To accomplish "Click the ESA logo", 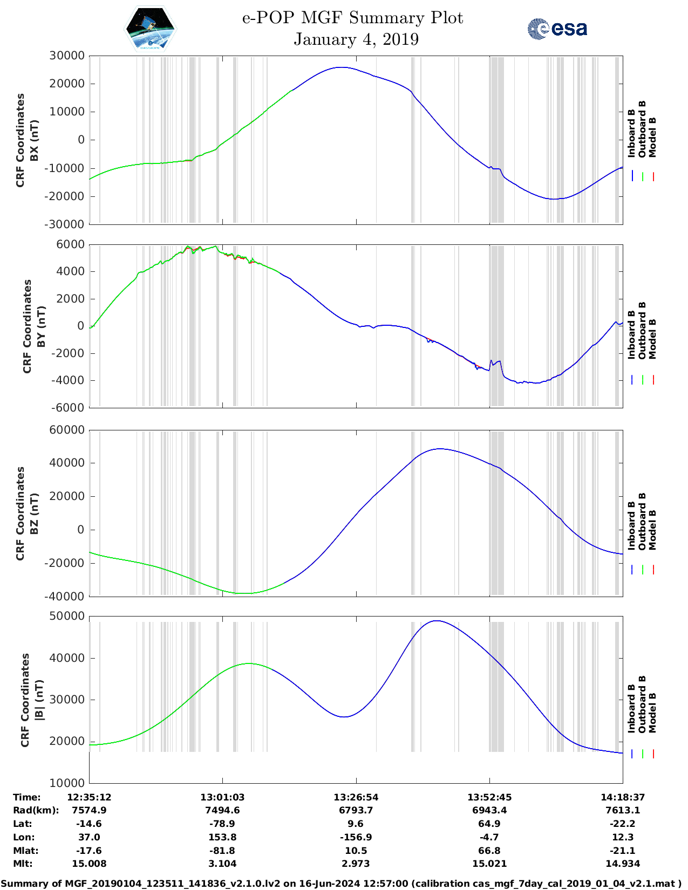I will (557, 29).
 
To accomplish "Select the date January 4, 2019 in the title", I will (356, 39).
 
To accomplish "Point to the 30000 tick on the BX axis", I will (67, 56).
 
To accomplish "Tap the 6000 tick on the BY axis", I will (70, 244).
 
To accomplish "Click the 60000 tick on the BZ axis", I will (67, 430).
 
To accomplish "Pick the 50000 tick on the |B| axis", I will (67, 616).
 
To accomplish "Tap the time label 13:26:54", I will (356, 797).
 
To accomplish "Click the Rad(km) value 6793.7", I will (356, 810).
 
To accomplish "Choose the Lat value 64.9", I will (489, 824).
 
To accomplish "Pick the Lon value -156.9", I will (356, 837).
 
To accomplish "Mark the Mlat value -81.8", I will (222, 851).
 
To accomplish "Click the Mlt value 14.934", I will (623, 864).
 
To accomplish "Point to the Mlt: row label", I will (23, 864).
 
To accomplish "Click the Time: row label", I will (26, 797).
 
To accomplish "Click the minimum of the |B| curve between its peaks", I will (344, 716).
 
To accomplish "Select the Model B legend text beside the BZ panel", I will (652, 530).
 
